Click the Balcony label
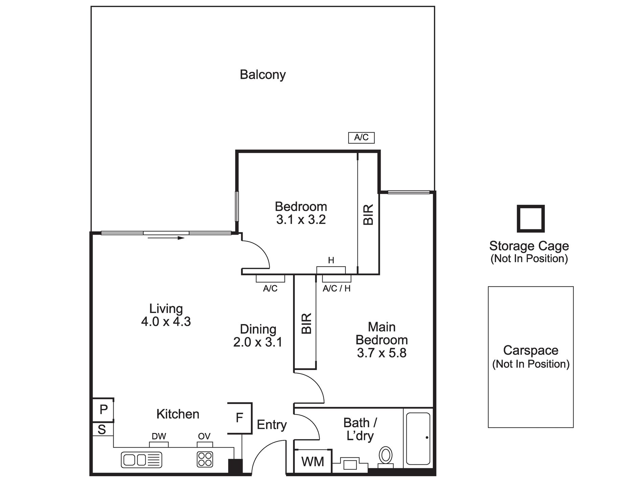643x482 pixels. click(x=263, y=75)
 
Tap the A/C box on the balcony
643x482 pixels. click(x=361, y=138)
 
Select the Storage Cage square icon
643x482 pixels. click(x=530, y=219)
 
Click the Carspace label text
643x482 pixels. click(x=531, y=350)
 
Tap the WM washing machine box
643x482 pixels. click(x=312, y=461)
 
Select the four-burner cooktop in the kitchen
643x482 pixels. click(x=205, y=460)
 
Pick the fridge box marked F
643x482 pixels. click(x=240, y=418)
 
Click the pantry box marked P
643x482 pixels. click(x=103, y=410)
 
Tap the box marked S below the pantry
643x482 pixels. click(x=102, y=429)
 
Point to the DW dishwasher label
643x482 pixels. click(x=159, y=436)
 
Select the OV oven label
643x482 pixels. click(x=204, y=436)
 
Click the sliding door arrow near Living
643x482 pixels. click(x=166, y=238)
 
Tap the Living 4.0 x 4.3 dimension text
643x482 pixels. click(x=166, y=321)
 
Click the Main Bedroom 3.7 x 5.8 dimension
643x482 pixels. click(x=382, y=353)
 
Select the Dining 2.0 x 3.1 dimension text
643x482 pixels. click(x=258, y=342)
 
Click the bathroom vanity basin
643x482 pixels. click(x=350, y=464)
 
